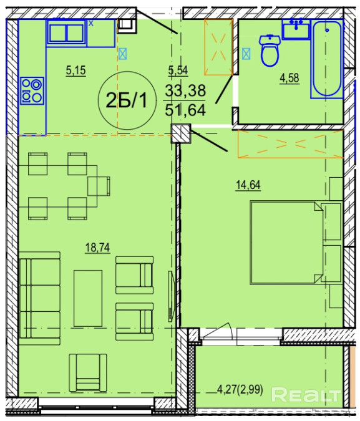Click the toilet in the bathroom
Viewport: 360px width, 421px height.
pyautogui.click(x=270, y=51)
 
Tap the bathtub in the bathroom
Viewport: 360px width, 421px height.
pyautogui.click(x=327, y=59)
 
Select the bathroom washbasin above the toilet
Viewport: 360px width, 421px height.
pyautogui.click(x=296, y=29)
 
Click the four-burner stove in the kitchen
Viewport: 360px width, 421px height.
pyautogui.click(x=32, y=90)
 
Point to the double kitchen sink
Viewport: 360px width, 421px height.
pyautogui.click(x=67, y=32)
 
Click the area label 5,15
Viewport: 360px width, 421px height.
pyautogui.click(x=75, y=71)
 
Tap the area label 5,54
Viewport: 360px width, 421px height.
pyautogui.click(x=178, y=70)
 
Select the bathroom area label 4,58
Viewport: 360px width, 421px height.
pyautogui.click(x=289, y=78)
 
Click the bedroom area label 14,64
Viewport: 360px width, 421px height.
pyautogui.click(x=248, y=185)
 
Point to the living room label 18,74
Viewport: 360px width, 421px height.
pyautogui.click(x=97, y=248)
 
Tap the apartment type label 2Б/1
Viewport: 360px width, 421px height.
pyautogui.click(x=127, y=100)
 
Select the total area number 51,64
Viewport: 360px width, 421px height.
pyautogui.click(x=185, y=110)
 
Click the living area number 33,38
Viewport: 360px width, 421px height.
pyautogui.click(x=185, y=90)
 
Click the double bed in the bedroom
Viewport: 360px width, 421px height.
pyautogui.click(x=286, y=243)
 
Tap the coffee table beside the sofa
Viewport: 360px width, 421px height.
pyautogui.click(x=88, y=298)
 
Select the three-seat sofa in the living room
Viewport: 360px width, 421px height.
pyautogui.click(x=40, y=298)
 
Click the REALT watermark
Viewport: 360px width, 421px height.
pyautogui.click(x=306, y=395)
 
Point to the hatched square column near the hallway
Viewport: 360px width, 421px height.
pyautogui.click(x=181, y=133)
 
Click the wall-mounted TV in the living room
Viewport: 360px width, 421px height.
pyautogui.click(x=171, y=296)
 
